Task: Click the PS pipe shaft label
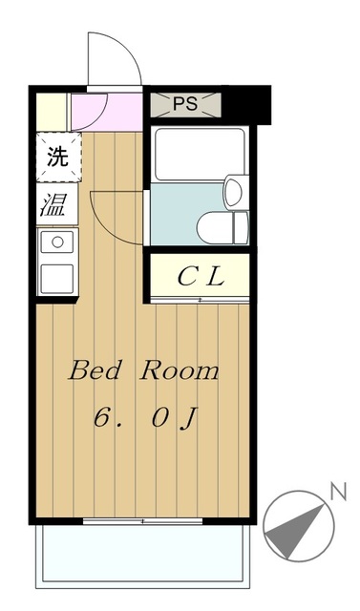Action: tap(185, 104)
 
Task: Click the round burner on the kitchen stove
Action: tap(56, 242)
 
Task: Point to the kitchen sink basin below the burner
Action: tap(56, 279)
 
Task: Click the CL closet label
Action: tap(201, 277)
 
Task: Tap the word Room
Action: tap(180, 371)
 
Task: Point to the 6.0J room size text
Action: tap(143, 417)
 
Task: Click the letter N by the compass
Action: tap(336, 492)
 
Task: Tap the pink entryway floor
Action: tap(105, 112)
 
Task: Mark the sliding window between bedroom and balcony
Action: tap(143, 521)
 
